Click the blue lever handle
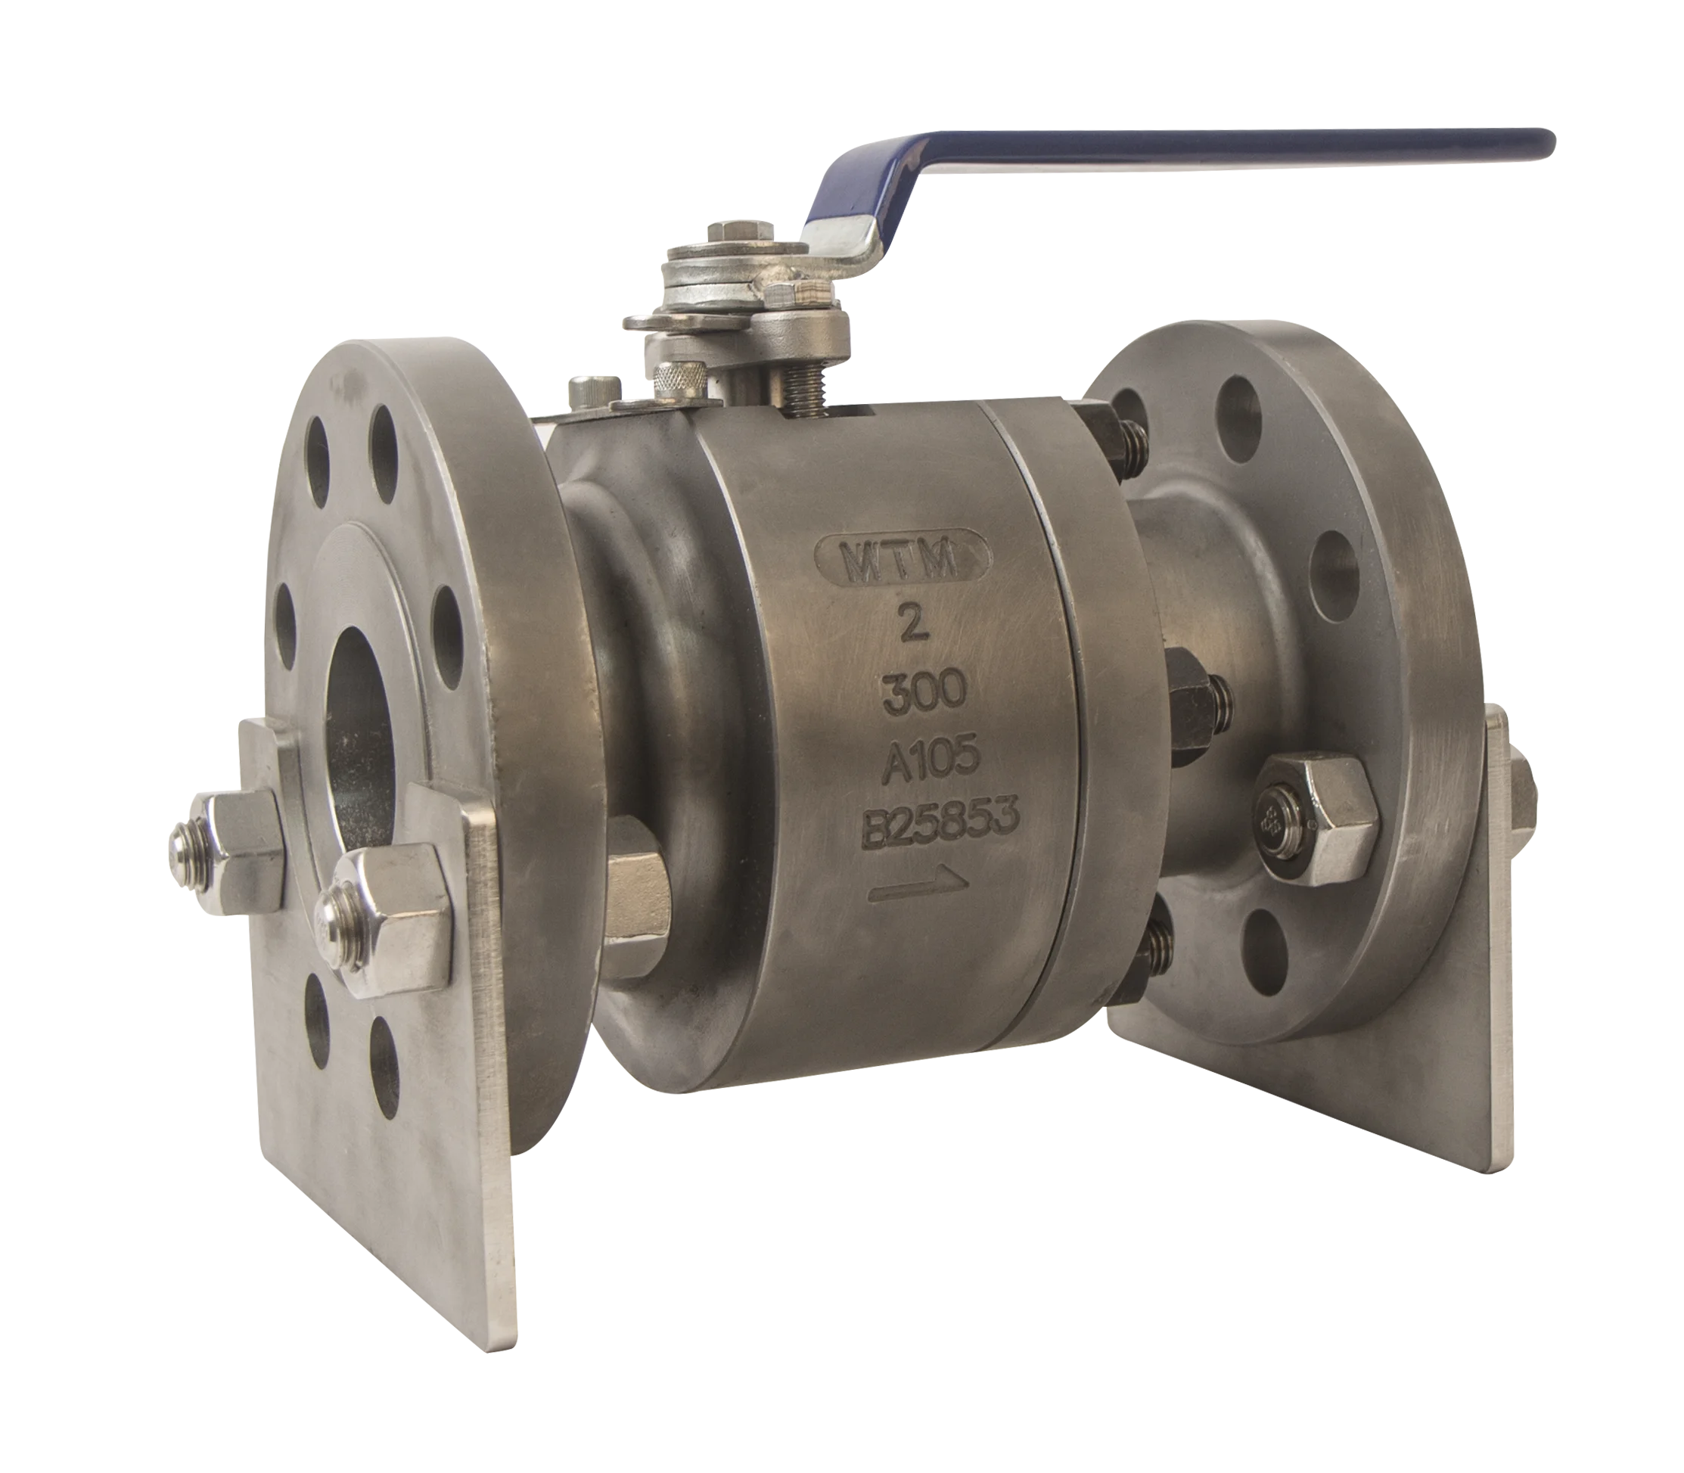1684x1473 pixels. (1151, 164)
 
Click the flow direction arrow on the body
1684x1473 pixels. (920, 886)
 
